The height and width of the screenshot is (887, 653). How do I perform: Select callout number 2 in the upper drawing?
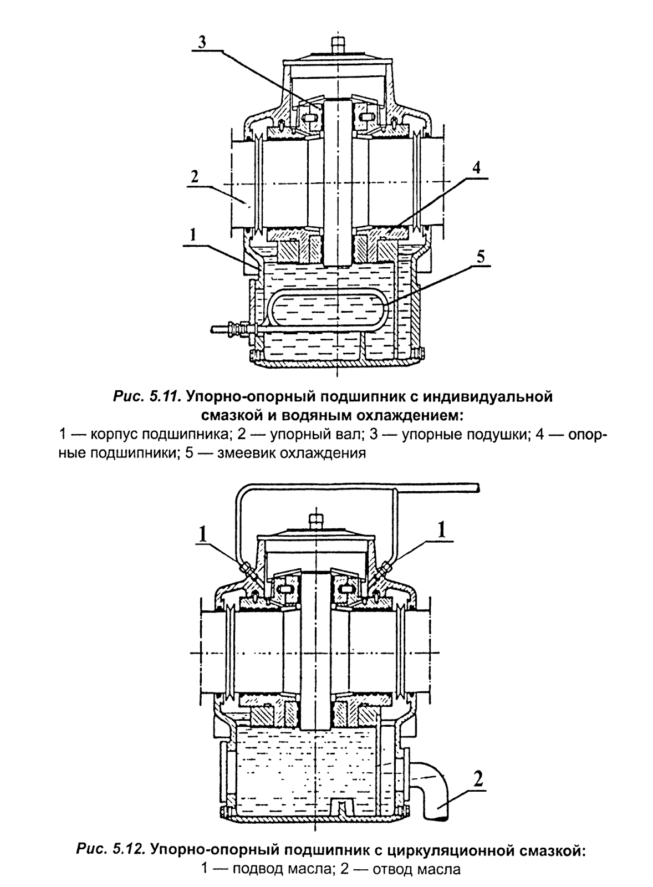coord(193,177)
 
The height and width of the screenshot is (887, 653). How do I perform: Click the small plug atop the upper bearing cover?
coord(336,42)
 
